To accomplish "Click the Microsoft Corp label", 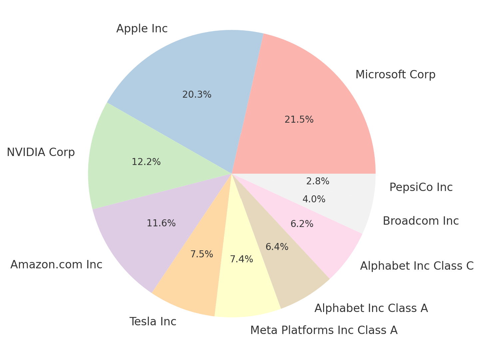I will click(395, 75).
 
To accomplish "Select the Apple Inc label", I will click(142, 29).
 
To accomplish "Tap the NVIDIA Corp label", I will click(41, 152).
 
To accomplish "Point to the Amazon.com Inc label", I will click(56, 265).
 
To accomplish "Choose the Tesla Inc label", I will click(153, 322).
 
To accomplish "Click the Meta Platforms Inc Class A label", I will click(324, 330).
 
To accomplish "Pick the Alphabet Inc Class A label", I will click(371, 308).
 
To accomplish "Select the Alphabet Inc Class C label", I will click(417, 266).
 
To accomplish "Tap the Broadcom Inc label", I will click(421, 221).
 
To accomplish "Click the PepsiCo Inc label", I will click(421, 187).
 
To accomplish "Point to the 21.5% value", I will click(299, 120).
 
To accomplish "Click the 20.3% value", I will click(197, 95).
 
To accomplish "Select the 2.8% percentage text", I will click(317, 181).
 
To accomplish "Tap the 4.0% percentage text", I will click(314, 199).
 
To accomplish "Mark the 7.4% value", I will click(241, 259).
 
